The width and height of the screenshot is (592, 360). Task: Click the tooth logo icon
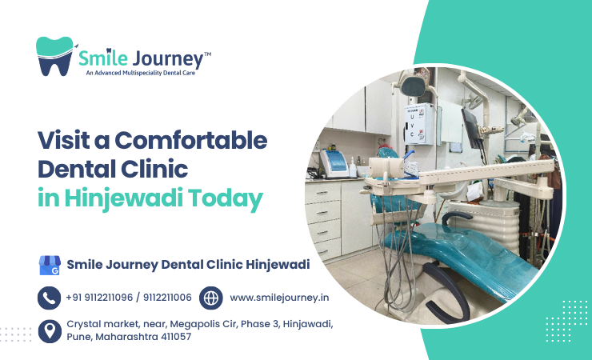[54, 56]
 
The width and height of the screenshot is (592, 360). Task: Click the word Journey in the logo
[168, 59]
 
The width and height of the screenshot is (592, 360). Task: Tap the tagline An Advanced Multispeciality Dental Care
[141, 73]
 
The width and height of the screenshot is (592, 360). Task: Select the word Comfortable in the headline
[190, 140]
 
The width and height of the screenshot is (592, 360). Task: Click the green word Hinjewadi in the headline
[123, 198]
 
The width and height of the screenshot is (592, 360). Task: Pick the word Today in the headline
[226, 198]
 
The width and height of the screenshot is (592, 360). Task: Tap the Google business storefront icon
[50, 266]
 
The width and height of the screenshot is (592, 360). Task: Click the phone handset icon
[49, 298]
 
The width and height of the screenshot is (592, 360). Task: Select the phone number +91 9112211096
[99, 298]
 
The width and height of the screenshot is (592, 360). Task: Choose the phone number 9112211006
[167, 298]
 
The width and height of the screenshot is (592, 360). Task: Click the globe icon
[210, 298]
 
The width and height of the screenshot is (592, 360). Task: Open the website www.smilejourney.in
[279, 298]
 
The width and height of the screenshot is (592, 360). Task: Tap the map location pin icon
[50, 331]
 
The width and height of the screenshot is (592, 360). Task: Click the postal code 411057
[176, 337]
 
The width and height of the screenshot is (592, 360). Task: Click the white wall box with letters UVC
[419, 124]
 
